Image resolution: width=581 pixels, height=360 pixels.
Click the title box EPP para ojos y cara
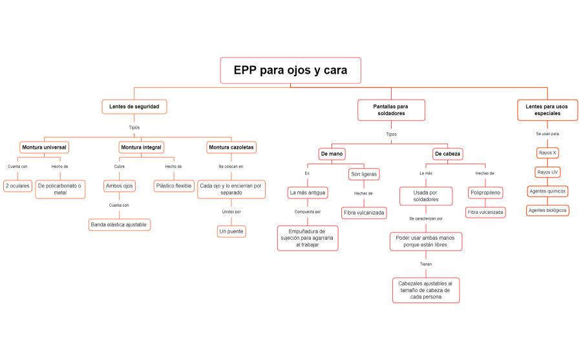pos(290,70)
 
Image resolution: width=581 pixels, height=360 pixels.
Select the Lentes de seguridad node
pos(134,106)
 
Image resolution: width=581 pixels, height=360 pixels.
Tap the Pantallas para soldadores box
pos(391,109)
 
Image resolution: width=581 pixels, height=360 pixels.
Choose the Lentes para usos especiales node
pos(547,109)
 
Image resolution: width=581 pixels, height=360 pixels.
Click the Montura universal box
pos(44,147)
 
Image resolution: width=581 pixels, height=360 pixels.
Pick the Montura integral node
pos(141,147)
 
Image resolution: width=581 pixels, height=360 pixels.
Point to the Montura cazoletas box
pos(231,147)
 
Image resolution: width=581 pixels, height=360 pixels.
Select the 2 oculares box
pos(17,186)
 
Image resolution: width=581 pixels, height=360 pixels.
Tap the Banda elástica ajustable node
pos(120,224)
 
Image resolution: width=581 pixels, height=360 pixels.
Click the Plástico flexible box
pos(174,186)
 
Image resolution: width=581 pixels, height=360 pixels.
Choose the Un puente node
pos(231,231)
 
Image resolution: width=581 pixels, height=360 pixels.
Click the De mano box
pos(332,154)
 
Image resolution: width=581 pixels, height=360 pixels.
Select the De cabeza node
pos(447,154)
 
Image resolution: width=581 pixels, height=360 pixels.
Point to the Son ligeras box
pos(364,174)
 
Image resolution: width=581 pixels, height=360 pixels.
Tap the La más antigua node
pos(308,193)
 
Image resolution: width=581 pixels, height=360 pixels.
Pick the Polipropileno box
pos(485,193)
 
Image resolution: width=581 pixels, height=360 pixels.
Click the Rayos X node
pos(547,153)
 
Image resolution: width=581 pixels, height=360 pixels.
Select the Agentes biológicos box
pos(547,210)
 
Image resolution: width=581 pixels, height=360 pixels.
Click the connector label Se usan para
pos(547,134)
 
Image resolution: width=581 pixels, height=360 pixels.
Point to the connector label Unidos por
pos(231,211)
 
